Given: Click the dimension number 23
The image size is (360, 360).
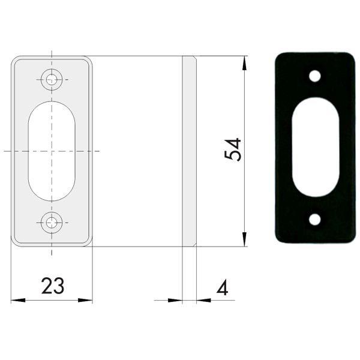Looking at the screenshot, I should tap(53, 286).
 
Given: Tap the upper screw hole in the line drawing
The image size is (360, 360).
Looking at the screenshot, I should tap(52, 79).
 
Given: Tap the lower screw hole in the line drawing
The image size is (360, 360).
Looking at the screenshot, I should tap(52, 223).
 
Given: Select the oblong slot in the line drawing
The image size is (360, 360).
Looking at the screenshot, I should tap(52, 150).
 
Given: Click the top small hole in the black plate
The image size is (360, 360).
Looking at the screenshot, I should tap(314, 77).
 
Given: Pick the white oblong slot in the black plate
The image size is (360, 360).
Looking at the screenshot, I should tap(314, 148).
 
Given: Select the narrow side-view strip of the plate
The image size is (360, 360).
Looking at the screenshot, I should tap(189, 151).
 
